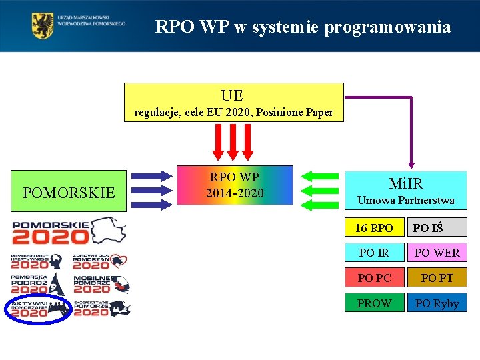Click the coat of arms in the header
pyautogui.click(x=43, y=26)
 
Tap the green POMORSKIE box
pyautogui.click(x=68, y=193)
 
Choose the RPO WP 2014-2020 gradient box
pyautogui.click(x=234, y=185)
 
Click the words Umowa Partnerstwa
pyautogui.click(x=406, y=200)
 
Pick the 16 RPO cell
pyautogui.click(x=374, y=228)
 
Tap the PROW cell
pyautogui.click(x=374, y=303)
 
